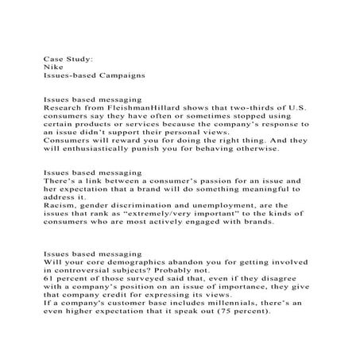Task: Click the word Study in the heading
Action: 78,59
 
